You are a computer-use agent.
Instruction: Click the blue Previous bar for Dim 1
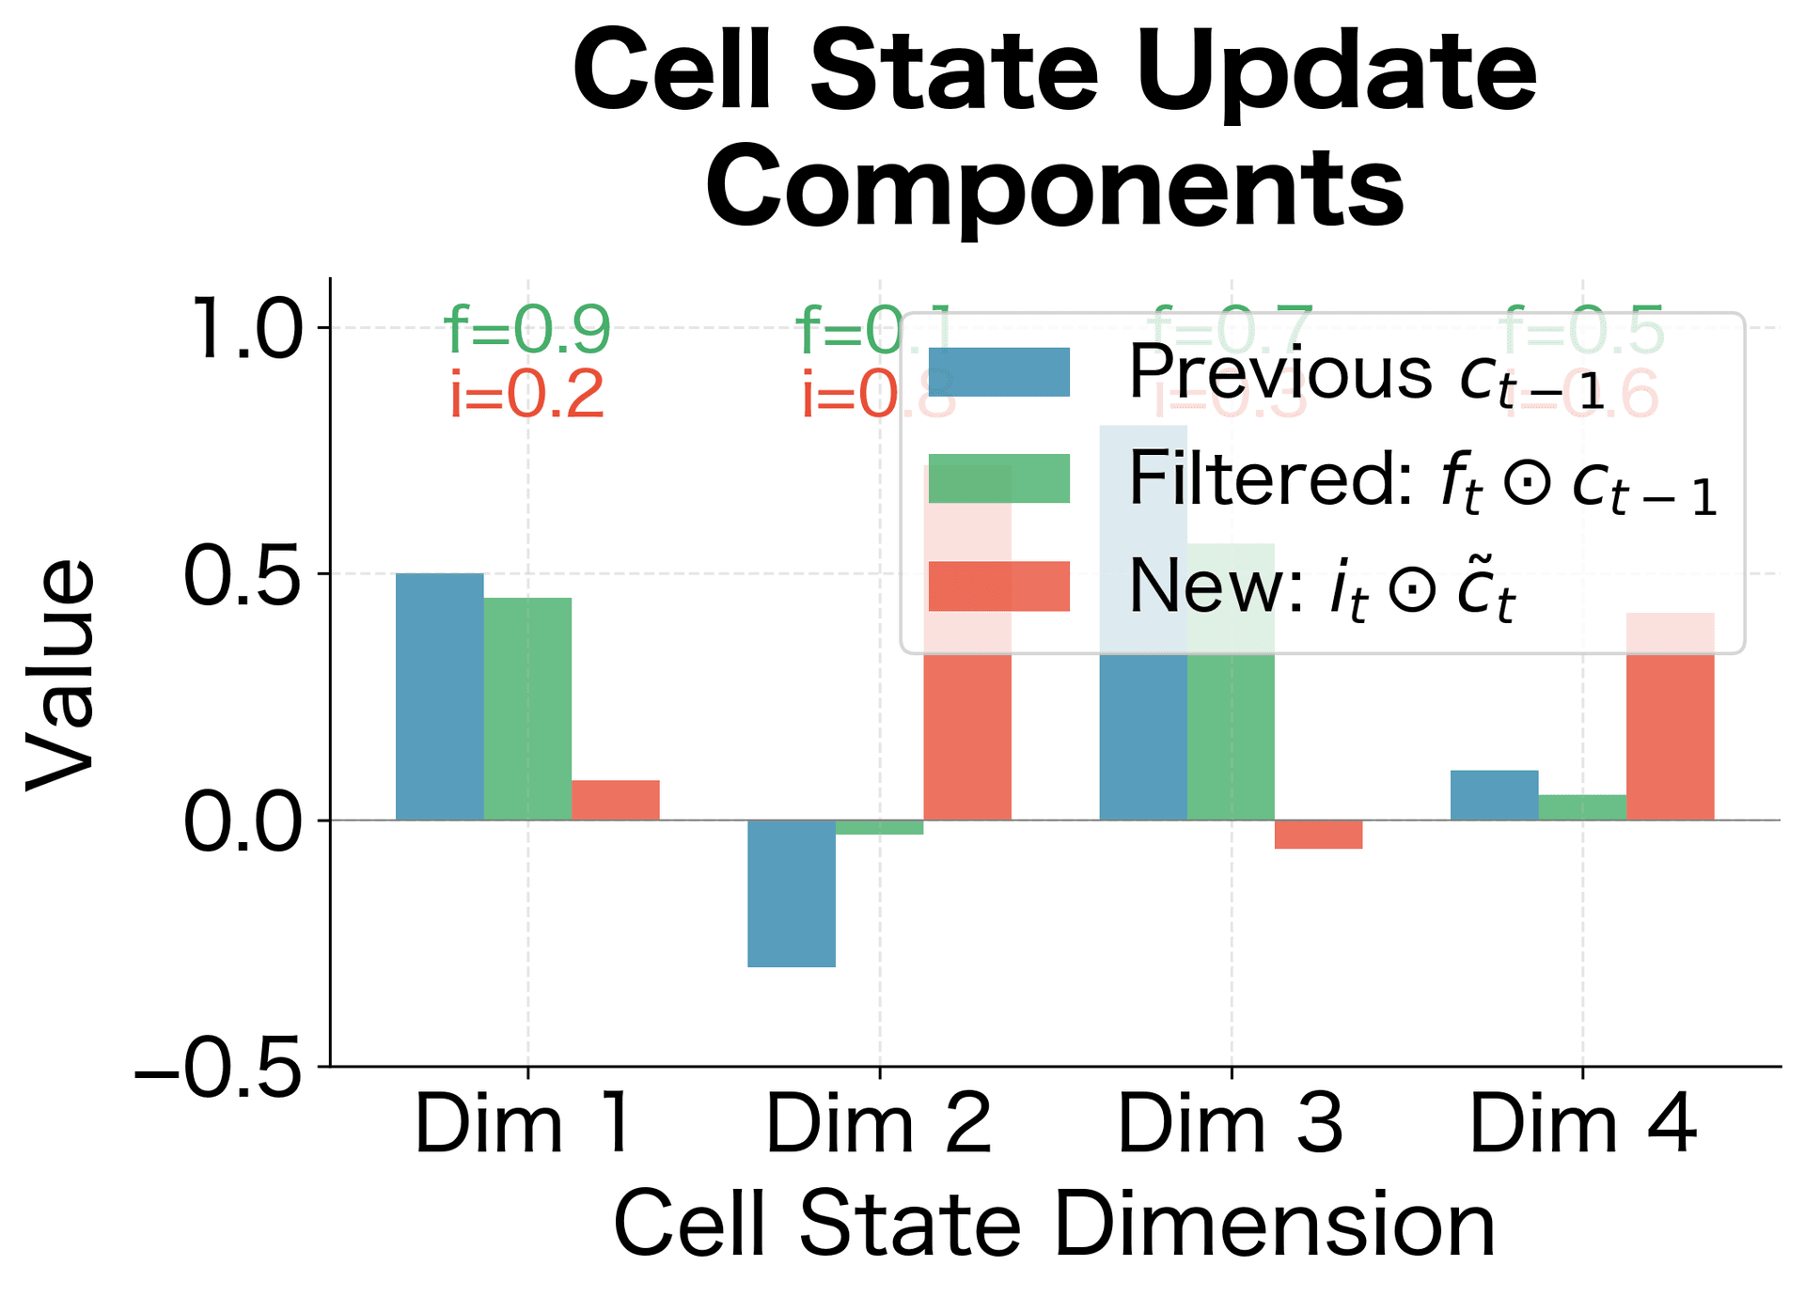click(439, 696)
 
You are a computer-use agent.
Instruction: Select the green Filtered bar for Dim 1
click(527, 709)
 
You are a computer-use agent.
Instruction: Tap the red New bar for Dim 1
click(615, 800)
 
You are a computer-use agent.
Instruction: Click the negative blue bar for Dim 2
click(791, 893)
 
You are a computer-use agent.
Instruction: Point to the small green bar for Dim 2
click(879, 827)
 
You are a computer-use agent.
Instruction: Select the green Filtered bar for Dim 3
click(1231, 733)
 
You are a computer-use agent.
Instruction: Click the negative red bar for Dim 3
click(1318, 835)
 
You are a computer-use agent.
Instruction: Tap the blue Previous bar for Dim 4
click(1494, 795)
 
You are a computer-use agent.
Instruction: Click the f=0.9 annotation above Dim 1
click(527, 330)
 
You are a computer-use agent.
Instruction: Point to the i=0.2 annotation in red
click(527, 395)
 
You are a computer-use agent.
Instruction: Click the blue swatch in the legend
click(998, 372)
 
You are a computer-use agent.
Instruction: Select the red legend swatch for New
click(998, 586)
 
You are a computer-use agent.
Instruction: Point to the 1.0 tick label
click(246, 329)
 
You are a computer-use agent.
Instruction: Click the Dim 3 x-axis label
click(1230, 1124)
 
